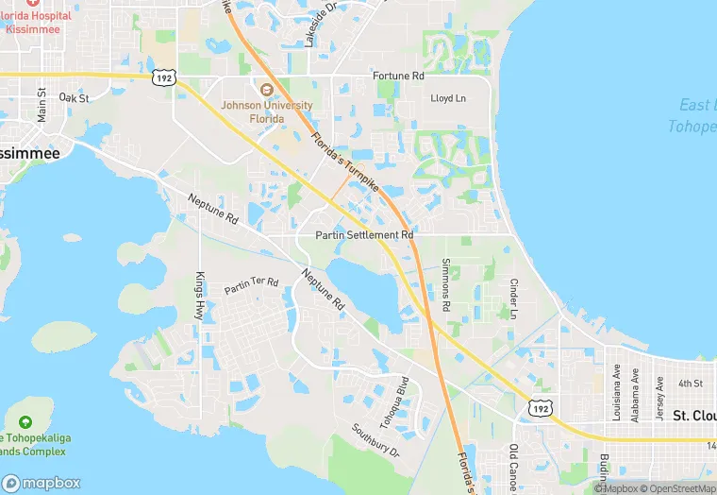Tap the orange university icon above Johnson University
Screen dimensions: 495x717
265,91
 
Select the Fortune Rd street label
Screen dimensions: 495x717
398,76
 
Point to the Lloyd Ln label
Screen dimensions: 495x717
448,98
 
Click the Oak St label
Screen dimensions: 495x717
73,97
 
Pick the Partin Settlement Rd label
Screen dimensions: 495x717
364,234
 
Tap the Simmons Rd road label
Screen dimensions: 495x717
445,284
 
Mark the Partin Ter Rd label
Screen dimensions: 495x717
251,284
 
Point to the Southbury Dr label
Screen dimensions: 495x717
375,440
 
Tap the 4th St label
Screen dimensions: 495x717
691,384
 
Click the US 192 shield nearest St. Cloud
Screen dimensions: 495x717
540,407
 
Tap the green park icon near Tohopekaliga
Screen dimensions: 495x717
25,420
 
